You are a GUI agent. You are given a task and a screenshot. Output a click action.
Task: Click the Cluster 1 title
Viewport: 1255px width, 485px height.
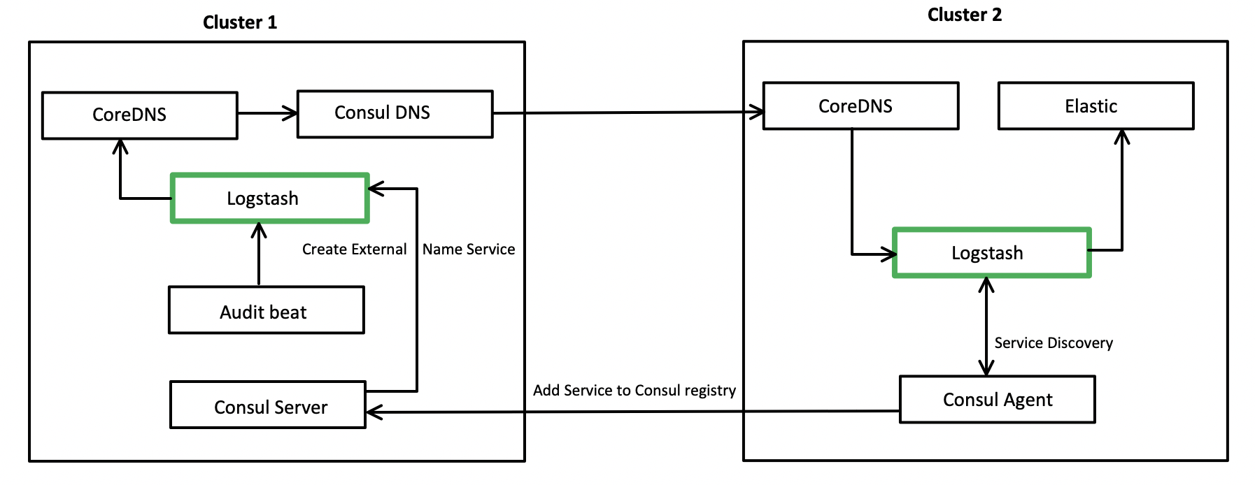point(239,22)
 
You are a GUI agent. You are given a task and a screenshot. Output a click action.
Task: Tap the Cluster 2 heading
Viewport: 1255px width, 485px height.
point(964,15)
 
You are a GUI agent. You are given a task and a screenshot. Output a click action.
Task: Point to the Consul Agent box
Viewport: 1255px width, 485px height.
point(997,399)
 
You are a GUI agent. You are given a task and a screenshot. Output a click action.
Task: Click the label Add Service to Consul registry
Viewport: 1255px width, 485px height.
point(634,390)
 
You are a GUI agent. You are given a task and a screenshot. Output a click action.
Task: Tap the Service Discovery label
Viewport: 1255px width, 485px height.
point(1053,342)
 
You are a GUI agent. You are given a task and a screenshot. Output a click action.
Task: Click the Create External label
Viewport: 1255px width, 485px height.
point(354,249)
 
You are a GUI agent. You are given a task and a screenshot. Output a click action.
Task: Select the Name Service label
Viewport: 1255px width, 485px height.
point(468,249)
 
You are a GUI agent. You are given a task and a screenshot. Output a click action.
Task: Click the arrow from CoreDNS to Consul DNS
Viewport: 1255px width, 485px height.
point(267,113)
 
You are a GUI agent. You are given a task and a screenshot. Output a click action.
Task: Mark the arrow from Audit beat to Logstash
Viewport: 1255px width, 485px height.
point(259,255)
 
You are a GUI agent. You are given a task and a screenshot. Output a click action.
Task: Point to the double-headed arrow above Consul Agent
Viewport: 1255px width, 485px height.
point(986,326)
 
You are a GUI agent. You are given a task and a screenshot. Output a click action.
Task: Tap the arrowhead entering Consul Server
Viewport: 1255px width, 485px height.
point(374,412)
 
